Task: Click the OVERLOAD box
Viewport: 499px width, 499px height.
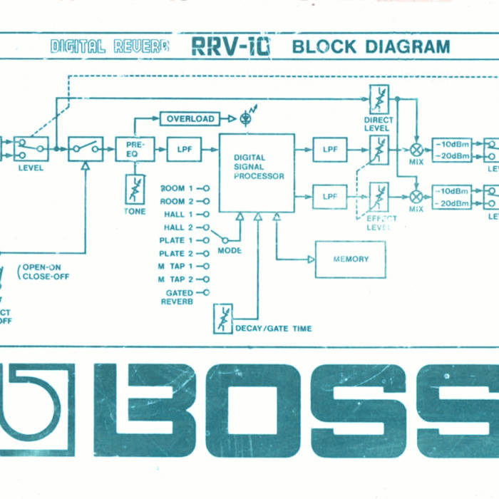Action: click(190, 119)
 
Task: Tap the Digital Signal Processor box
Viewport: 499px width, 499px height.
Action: click(257, 172)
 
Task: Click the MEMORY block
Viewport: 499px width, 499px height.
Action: click(351, 259)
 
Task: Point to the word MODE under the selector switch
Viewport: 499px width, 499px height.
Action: click(230, 250)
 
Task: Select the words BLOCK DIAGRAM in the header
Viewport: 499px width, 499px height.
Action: click(371, 47)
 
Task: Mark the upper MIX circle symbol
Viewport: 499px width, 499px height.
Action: click(416, 150)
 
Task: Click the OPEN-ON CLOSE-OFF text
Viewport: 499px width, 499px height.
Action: click(45, 272)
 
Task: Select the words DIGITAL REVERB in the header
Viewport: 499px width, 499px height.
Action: click(110, 47)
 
